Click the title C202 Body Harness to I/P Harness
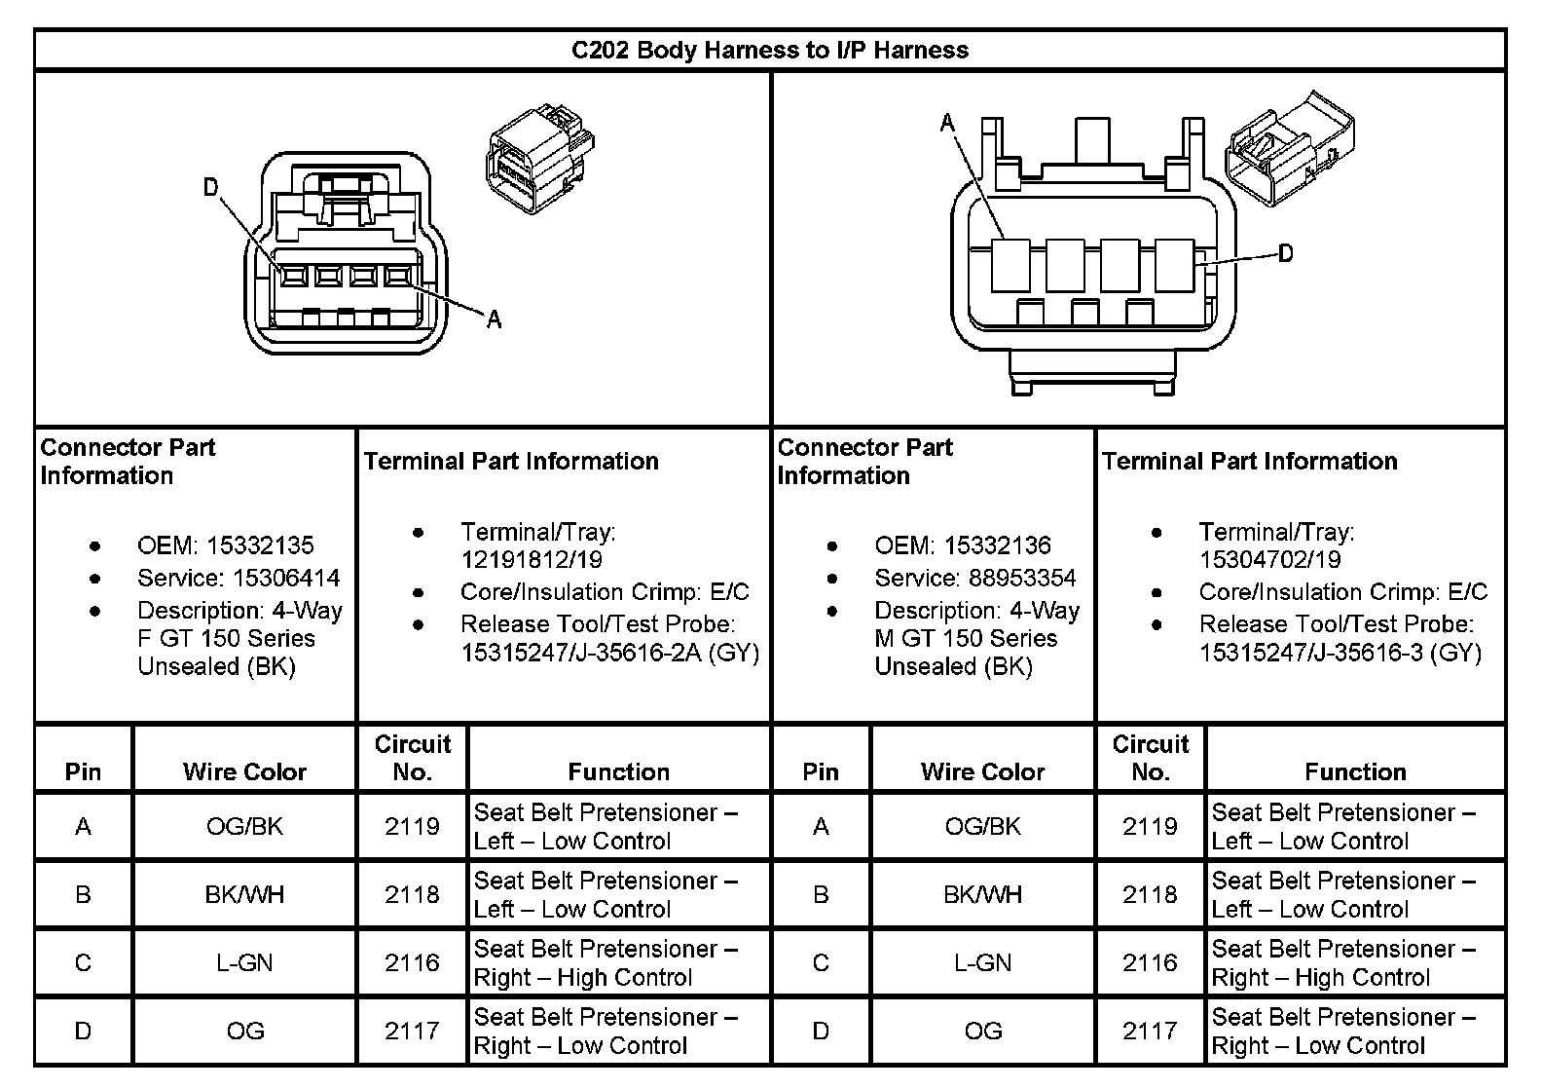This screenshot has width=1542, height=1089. (x=769, y=50)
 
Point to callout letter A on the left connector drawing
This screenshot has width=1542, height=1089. (x=494, y=319)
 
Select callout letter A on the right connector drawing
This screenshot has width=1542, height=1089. (x=947, y=123)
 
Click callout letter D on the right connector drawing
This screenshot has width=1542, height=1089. (x=1285, y=253)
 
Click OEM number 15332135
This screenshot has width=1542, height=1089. (x=260, y=545)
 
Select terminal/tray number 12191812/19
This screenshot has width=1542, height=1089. (x=531, y=560)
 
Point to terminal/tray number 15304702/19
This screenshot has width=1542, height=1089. (x=1269, y=560)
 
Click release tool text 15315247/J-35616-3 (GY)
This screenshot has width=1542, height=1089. (x=1340, y=653)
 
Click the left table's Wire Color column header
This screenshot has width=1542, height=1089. (x=244, y=772)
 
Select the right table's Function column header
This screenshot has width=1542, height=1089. (x=1355, y=772)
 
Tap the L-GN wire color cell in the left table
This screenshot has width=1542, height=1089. (x=244, y=963)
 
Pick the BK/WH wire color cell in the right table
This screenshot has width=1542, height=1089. (x=982, y=895)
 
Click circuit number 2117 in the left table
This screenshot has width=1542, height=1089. (x=412, y=1032)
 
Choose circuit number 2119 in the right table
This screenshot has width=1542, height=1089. (x=1150, y=827)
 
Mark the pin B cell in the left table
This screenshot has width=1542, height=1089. (x=83, y=895)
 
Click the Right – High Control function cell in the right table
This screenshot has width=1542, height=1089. (x=1343, y=963)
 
